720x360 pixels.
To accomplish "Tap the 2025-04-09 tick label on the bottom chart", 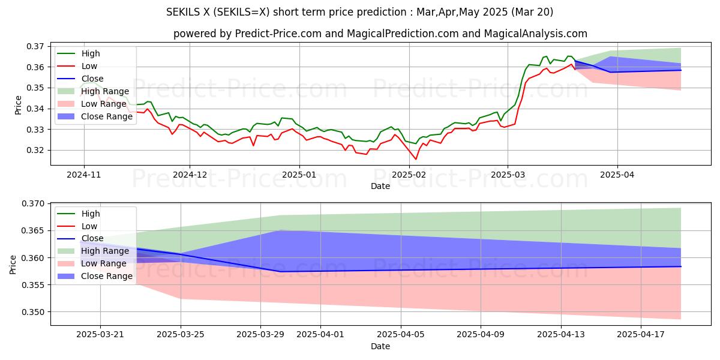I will [x=481, y=334].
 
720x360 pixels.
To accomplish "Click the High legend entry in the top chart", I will [x=90, y=53].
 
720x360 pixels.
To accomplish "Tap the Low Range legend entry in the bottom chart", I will [x=104, y=263].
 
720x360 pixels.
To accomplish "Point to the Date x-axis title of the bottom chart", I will [x=380, y=346].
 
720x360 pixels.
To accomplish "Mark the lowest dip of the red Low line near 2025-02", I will [x=415, y=159].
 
